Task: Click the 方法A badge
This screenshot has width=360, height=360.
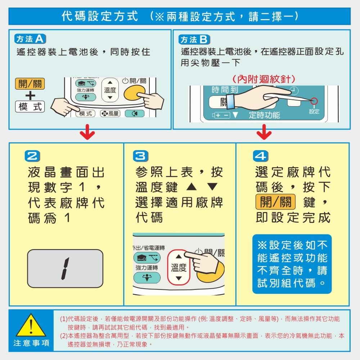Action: point(30,39)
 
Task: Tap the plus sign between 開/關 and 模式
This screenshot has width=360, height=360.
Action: point(30,95)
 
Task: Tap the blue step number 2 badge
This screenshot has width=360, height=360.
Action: point(30,156)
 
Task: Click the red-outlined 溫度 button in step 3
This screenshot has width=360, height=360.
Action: point(179,267)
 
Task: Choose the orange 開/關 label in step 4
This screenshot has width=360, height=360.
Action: point(275,202)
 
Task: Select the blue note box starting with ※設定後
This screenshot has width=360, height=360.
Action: point(292,264)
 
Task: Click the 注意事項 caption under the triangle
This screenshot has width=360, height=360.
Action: point(31,343)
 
